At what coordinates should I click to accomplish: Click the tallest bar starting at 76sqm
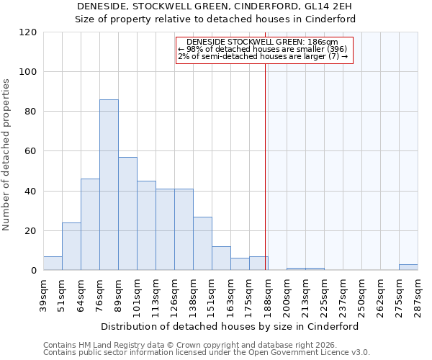(x=109, y=185)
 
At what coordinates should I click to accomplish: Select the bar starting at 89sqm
(x=127, y=214)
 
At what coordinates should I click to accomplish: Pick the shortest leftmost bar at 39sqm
(x=53, y=264)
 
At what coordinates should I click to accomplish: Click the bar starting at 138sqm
(x=202, y=243)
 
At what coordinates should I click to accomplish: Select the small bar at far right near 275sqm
(x=408, y=267)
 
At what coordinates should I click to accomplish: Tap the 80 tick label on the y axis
(x=31, y=112)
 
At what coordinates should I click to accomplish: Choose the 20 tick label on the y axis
(x=31, y=231)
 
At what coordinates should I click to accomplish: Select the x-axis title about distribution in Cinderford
(x=230, y=326)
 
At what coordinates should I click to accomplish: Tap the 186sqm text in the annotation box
(x=323, y=42)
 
